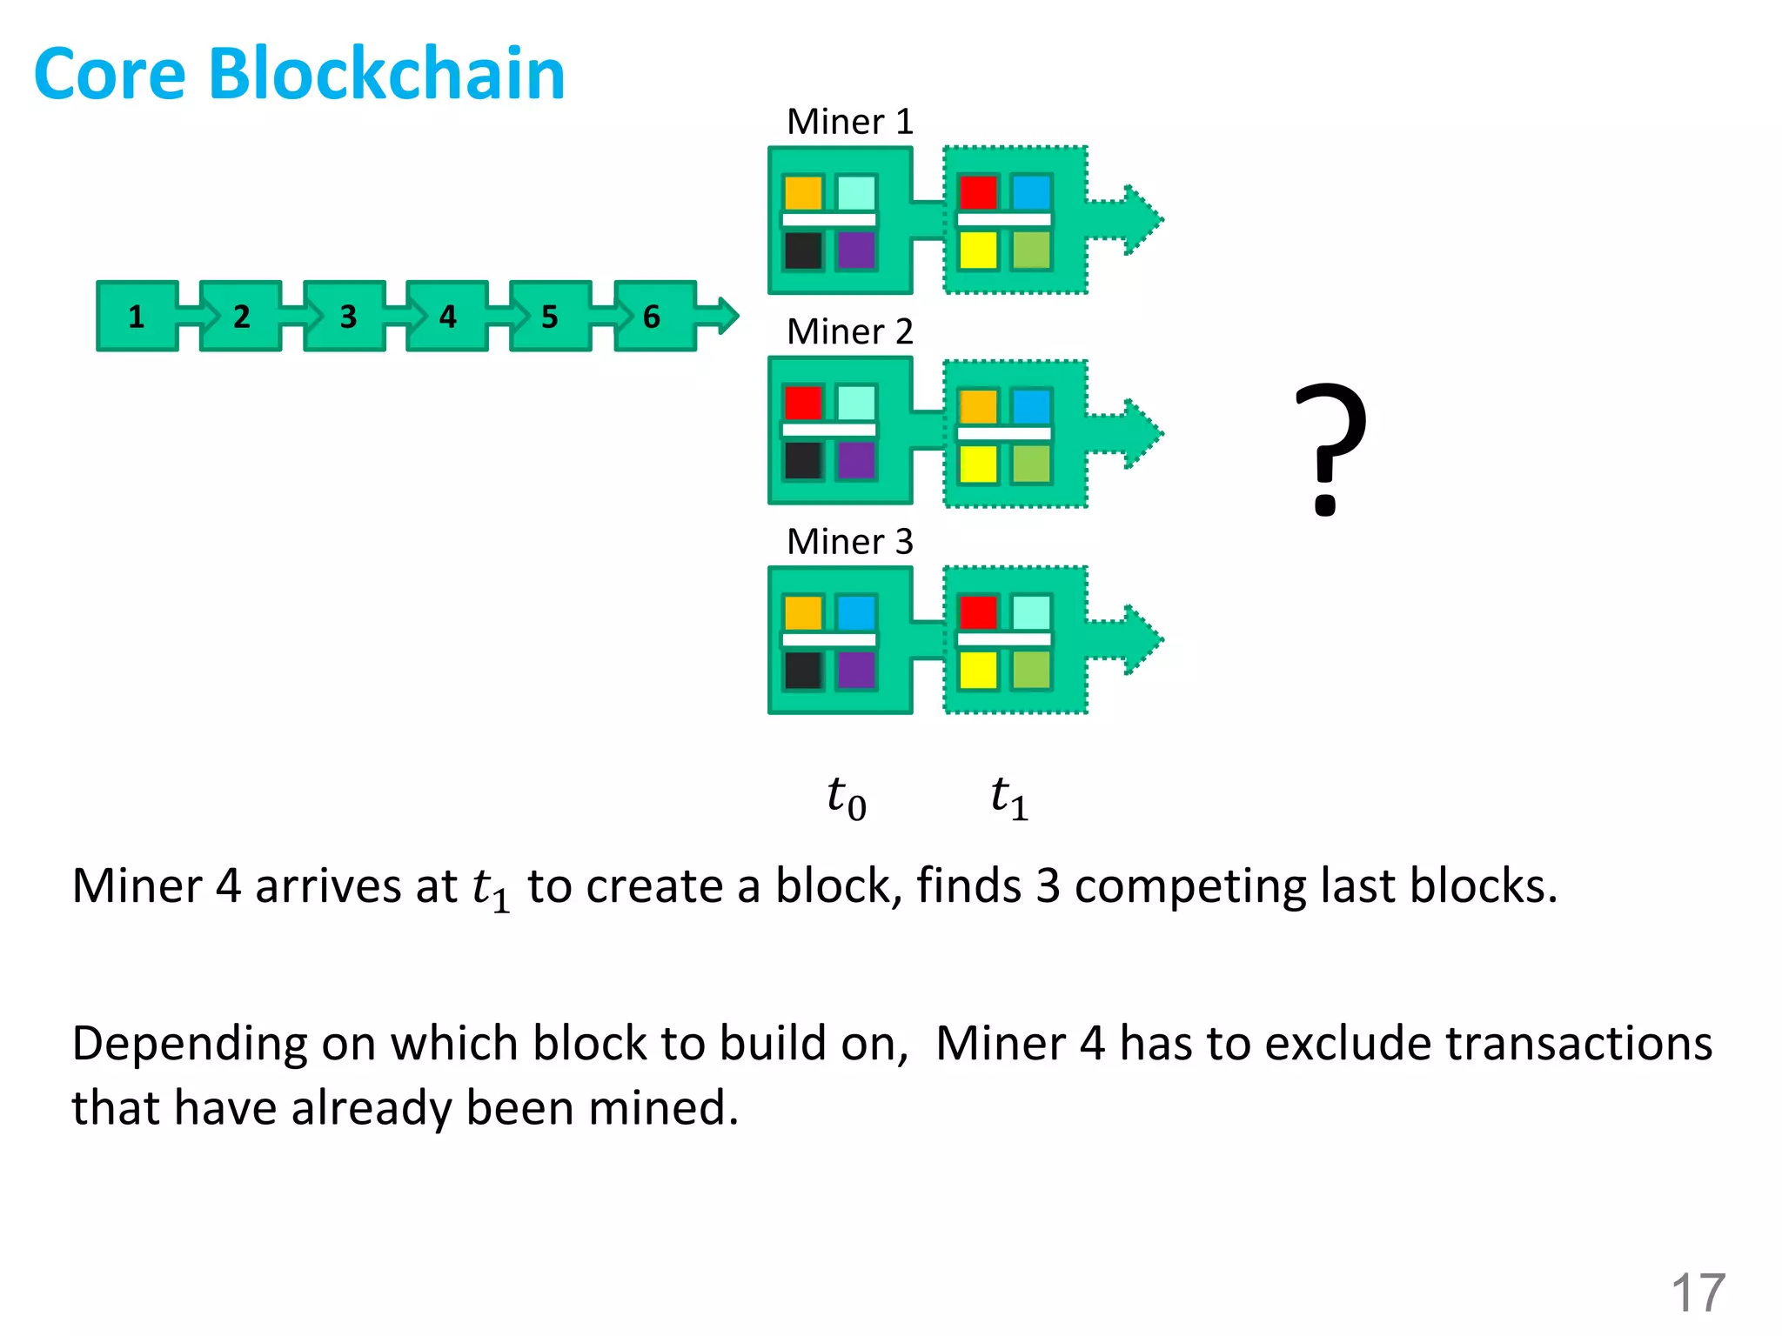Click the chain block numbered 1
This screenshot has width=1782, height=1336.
tap(137, 317)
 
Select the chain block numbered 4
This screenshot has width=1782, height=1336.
tap(447, 317)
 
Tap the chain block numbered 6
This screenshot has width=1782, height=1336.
tap(653, 317)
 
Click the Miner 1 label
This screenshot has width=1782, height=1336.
tap(849, 122)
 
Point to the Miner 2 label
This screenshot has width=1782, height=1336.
tap(849, 331)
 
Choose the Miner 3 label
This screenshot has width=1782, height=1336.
tap(849, 542)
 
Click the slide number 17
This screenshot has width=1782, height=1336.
tap(1698, 1293)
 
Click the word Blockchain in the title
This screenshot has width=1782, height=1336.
tap(386, 74)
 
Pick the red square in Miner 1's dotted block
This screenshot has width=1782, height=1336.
tap(978, 192)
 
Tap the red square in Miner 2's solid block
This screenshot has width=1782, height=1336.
tap(802, 403)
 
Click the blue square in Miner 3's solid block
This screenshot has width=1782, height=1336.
tap(856, 612)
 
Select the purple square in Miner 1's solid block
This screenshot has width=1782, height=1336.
tap(856, 250)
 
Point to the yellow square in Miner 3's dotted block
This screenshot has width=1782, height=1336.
tap(978, 670)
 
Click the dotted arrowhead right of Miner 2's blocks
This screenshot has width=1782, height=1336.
tap(1142, 433)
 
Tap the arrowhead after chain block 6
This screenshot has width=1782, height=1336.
tap(727, 316)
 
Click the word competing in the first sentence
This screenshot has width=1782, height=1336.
tap(1189, 887)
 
